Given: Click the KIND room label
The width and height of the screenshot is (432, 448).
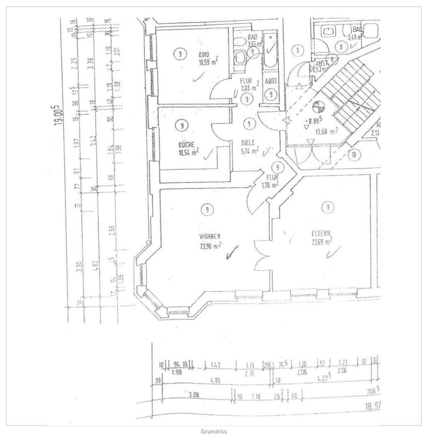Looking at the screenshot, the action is tap(204, 55).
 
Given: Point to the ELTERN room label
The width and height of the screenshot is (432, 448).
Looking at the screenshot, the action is tap(321, 234).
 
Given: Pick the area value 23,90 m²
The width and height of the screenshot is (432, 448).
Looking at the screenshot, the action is tap(210, 246).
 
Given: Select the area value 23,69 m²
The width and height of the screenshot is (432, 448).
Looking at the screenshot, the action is tap(322, 242).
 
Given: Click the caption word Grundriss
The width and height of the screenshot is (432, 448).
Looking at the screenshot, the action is tap(214, 432).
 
